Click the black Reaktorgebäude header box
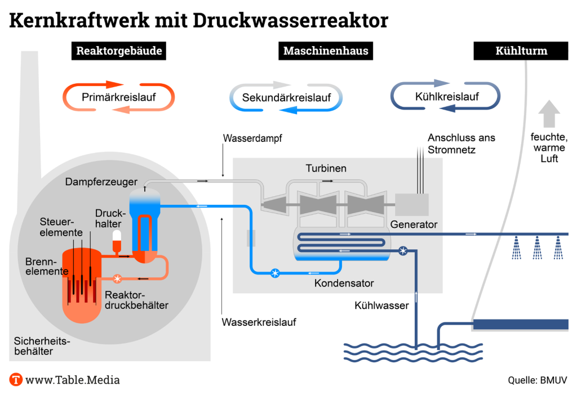coord(119,51)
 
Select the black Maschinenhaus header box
coord(326,51)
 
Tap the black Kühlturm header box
coord(521,51)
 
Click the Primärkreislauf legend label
coord(118,97)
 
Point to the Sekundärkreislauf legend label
coord(286,97)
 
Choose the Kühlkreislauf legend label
coord(447,97)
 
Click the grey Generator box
coord(412,205)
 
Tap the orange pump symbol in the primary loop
coord(117,279)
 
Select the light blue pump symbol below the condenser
coord(275,273)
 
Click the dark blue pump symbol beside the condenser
coord(403,251)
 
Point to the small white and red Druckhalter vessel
coord(117,241)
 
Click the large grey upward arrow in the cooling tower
coord(549,114)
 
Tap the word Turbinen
coord(326,168)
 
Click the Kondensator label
coord(344,283)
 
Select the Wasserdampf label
coord(252,138)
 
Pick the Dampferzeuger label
coord(101,182)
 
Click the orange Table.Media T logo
coord(16,380)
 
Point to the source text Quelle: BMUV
coord(538,380)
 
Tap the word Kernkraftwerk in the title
coord(79,20)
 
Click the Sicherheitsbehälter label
coord(42,346)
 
